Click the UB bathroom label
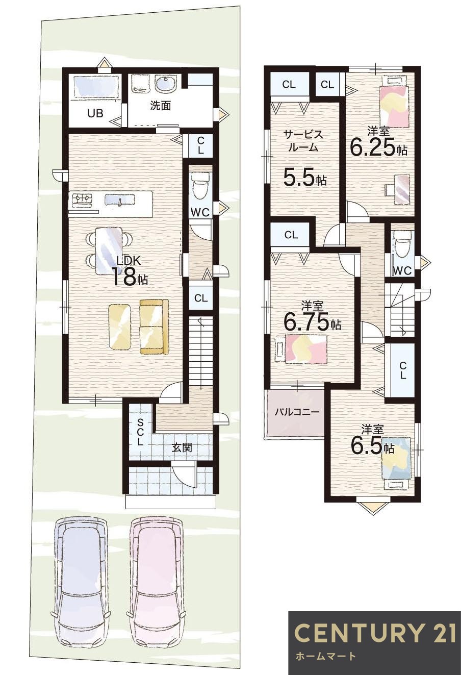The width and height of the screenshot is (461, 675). (x=95, y=113)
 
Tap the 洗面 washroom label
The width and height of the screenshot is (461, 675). (x=160, y=106)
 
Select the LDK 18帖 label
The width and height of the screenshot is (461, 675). (x=129, y=271)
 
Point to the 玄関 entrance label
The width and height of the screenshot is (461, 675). (x=182, y=447)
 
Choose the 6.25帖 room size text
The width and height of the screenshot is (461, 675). (x=378, y=147)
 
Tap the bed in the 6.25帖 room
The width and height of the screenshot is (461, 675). (x=394, y=103)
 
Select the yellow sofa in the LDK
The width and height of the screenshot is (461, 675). (x=154, y=327)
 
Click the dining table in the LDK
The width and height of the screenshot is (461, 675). (x=109, y=250)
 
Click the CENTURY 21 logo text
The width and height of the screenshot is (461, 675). (x=375, y=633)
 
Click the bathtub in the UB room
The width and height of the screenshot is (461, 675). (x=96, y=87)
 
